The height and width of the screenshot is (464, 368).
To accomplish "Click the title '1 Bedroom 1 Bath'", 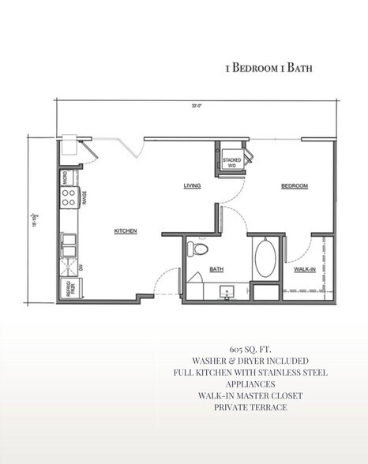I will tap(268, 68).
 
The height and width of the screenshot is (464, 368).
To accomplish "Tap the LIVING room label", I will tap(192, 186).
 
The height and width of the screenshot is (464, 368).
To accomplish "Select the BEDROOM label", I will tap(294, 186).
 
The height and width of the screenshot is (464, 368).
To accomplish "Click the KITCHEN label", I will tap(126, 231).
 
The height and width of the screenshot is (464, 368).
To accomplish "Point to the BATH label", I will tap(216, 269).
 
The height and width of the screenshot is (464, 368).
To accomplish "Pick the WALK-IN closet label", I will tap(306, 269).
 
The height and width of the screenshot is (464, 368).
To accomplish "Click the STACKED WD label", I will tap(231, 163).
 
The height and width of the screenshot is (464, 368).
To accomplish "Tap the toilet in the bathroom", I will tap(199, 251).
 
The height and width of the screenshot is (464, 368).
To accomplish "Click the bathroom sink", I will tap(227, 292).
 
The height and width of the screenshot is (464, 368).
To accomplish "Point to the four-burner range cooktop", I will tap(69, 196).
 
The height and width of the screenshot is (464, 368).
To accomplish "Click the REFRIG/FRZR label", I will tap(69, 289).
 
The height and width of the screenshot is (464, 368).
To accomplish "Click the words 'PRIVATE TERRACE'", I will tap(250, 407).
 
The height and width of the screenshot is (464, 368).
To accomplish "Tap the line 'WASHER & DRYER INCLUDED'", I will tap(250, 359).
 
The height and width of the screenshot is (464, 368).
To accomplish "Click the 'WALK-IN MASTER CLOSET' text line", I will tap(250, 395).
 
